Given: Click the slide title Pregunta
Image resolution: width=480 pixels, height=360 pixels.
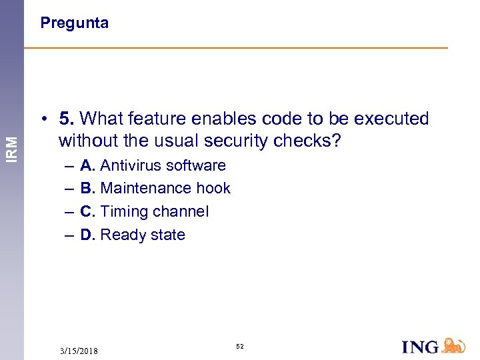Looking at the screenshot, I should (74, 23).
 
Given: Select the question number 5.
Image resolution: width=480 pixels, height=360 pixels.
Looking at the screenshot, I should (65, 119).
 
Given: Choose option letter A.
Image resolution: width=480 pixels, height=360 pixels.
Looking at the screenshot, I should (87, 165).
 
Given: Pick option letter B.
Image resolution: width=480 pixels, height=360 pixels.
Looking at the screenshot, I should (87, 189).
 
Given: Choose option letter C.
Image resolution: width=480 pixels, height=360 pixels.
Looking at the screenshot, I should (87, 212).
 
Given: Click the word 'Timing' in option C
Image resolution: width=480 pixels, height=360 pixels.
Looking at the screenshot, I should (122, 212).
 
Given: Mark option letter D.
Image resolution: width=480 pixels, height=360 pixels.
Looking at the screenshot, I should (87, 235).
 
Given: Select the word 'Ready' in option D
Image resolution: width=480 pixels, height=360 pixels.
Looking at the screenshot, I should (120, 235).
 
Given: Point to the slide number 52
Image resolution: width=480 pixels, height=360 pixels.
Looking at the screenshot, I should (239, 347).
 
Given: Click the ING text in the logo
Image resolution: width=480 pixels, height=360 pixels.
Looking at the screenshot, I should (421, 347).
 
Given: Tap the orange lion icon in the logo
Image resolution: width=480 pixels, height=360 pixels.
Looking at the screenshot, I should (453, 345).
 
